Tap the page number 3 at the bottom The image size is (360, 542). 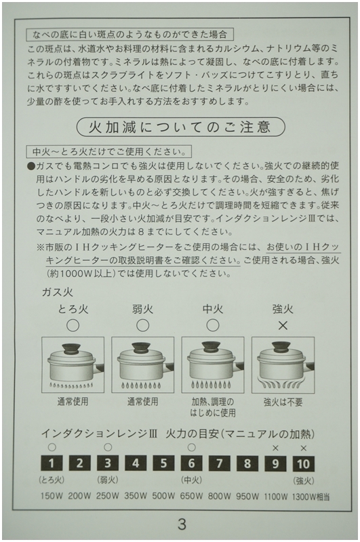click(181, 523)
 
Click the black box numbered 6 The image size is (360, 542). click(191, 463)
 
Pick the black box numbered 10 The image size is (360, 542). click(303, 463)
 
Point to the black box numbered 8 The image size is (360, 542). click(247, 463)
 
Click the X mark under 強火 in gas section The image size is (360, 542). click(283, 325)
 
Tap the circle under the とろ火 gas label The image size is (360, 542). click(73, 325)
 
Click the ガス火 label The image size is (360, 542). click(57, 292)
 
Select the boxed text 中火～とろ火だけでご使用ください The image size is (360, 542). click(109, 150)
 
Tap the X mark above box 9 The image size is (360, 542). click(275, 448)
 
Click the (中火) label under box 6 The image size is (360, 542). click(191, 480)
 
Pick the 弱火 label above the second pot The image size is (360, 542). click(142, 309)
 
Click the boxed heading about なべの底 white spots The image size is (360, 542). click(129, 33)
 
